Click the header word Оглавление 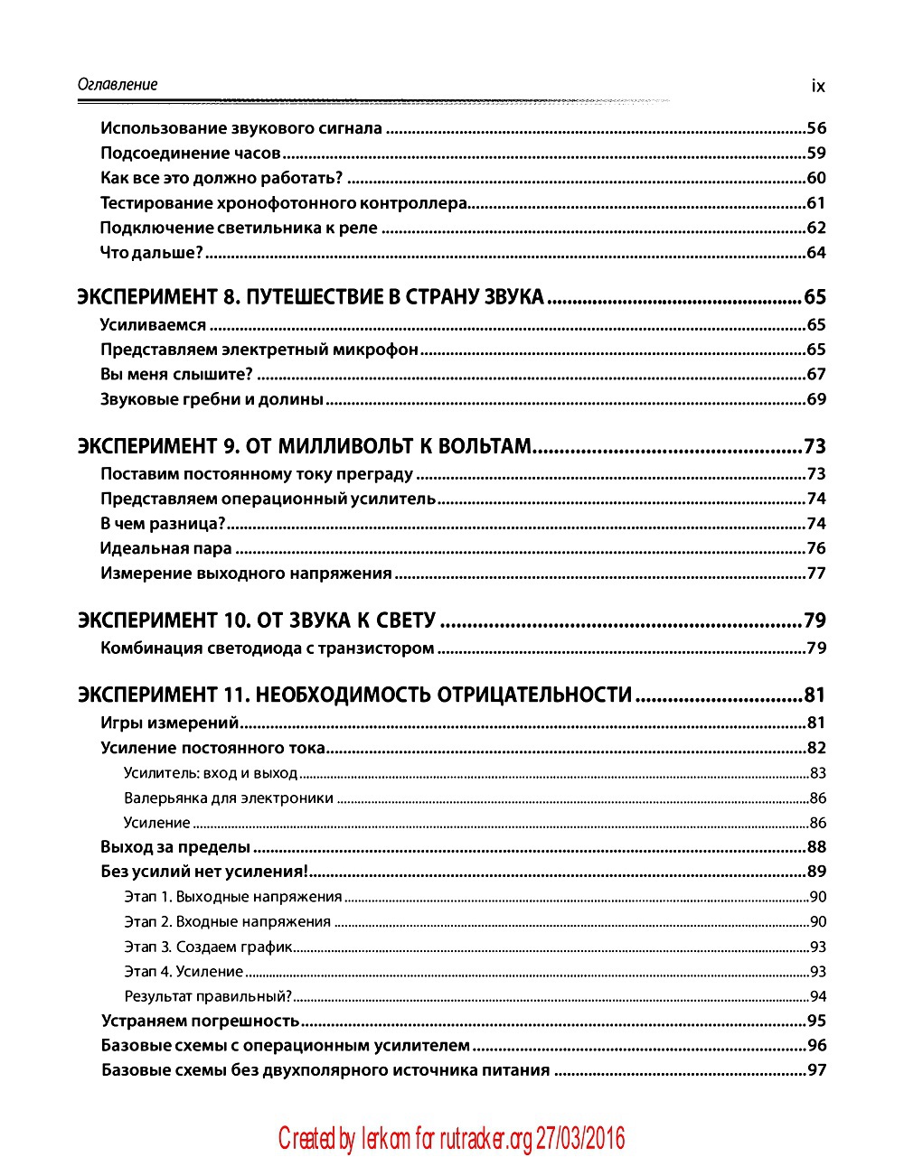118,85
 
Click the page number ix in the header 818,87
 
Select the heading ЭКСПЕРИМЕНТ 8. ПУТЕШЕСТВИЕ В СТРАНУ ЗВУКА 311,297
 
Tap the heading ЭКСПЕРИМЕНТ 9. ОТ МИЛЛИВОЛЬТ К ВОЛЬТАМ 304,446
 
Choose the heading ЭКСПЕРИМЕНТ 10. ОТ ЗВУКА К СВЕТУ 257,620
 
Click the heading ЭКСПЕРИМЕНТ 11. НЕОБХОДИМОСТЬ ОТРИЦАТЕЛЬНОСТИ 354,695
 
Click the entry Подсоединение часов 190,154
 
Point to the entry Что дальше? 152,253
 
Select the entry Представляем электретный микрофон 259,350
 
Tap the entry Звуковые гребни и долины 212,399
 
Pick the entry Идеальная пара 166,548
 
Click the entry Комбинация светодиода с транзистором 268,648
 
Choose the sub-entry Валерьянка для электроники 229,798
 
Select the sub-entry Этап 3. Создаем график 209,947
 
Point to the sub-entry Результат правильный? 208,997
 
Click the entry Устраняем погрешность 200,1022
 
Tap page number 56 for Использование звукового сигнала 816,129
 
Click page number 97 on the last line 816,1071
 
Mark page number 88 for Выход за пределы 816,847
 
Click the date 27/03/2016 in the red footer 579,1139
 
